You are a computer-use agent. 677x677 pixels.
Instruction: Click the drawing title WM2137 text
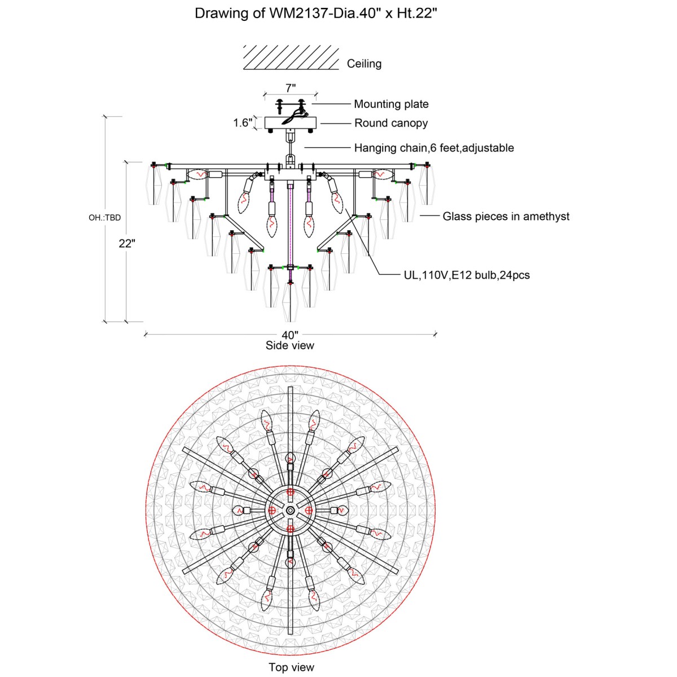pyautogui.click(x=316, y=14)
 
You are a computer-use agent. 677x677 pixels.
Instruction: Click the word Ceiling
pyautogui.click(x=364, y=64)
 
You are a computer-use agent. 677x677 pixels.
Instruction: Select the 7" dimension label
pyautogui.click(x=291, y=88)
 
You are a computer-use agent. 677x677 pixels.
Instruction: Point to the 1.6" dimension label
pyautogui.click(x=243, y=122)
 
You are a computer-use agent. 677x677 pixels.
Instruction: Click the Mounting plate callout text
pyautogui.click(x=391, y=104)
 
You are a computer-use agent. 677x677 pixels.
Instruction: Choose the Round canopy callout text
pyautogui.click(x=391, y=123)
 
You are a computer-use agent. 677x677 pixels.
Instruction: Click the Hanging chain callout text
pyautogui.click(x=434, y=148)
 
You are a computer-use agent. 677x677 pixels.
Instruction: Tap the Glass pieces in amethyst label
pyautogui.click(x=506, y=216)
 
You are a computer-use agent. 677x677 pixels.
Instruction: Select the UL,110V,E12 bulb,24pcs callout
pyautogui.click(x=467, y=275)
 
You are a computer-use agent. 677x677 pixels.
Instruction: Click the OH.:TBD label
pyautogui.click(x=104, y=217)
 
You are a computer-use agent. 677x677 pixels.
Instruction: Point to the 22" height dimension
pyautogui.click(x=127, y=243)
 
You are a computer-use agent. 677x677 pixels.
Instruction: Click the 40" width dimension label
pyautogui.click(x=290, y=335)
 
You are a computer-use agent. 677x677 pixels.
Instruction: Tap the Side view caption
pyautogui.click(x=290, y=345)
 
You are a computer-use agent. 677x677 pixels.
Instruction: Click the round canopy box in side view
pyautogui.click(x=290, y=122)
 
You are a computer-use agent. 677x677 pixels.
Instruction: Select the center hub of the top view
pyautogui.click(x=290, y=510)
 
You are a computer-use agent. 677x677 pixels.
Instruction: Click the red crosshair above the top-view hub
pyautogui.click(x=290, y=492)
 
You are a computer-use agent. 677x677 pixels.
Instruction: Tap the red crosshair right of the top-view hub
pyautogui.click(x=309, y=510)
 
